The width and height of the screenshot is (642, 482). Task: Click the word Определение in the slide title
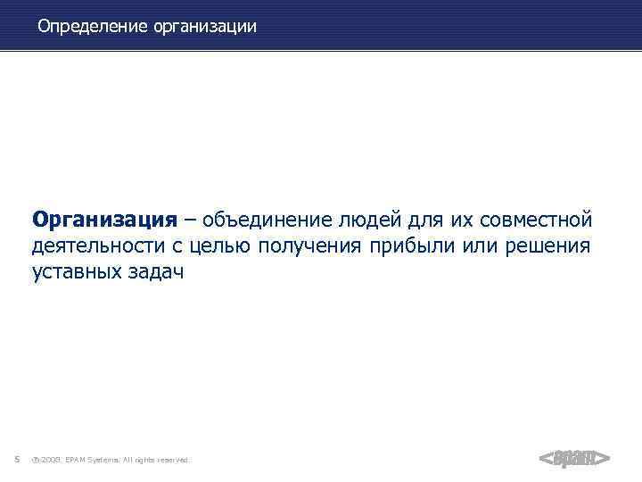pyautogui.click(x=93, y=27)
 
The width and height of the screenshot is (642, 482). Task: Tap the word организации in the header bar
pyautogui.click(x=205, y=27)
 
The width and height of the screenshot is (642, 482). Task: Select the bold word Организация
pyautogui.click(x=103, y=219)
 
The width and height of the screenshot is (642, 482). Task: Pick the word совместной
pyautogui.click(x=535, y=219)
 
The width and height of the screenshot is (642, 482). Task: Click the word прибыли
pyautogui.click(x=411, y=245)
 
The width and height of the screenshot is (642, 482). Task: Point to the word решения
pyautogui.click(x=547, y=245)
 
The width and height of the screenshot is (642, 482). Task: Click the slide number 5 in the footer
pyautogui.click(x=18, y=460)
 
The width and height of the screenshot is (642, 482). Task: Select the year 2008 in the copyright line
pyautogui.click(x=50, y=461)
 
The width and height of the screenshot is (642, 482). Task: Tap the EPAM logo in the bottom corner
pyautogui.click(x=574, y=458)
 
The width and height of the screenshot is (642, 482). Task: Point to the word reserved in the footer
pyautogui.click(x=173, y=461)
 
